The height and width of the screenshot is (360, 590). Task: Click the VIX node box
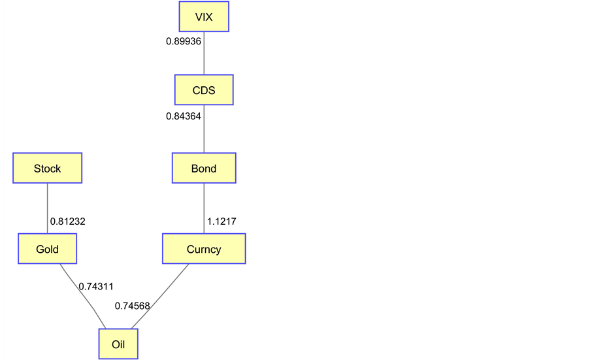pos(204,17)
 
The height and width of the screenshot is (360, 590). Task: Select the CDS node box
pos(204,90)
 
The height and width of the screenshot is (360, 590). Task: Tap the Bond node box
pos(204,169)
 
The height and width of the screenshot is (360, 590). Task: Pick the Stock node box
pos(47,169)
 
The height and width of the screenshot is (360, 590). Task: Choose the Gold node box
pos(47,249)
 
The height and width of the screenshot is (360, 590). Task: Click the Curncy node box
pos(204,249)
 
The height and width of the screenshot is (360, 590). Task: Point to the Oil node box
pos(118,344)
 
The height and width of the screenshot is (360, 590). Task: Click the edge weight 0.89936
pos(184,41)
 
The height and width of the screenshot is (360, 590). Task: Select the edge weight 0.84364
pos(184,116)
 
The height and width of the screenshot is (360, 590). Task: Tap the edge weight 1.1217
pos(221,221)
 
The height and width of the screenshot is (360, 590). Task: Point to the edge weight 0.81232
pos(67,221)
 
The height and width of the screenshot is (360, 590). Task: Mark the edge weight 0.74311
pos(96,286)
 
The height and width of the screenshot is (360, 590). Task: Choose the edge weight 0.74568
pos(133,306)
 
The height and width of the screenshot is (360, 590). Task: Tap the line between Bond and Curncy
pos(204,209)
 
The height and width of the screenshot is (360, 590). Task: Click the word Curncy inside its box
pos(204,250)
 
